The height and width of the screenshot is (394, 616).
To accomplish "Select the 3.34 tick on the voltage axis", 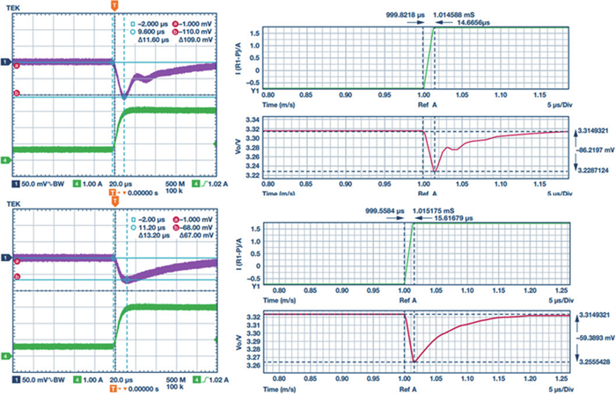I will [x=250, y=120].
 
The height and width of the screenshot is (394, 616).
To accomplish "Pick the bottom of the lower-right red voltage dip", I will [x=414, y=361].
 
